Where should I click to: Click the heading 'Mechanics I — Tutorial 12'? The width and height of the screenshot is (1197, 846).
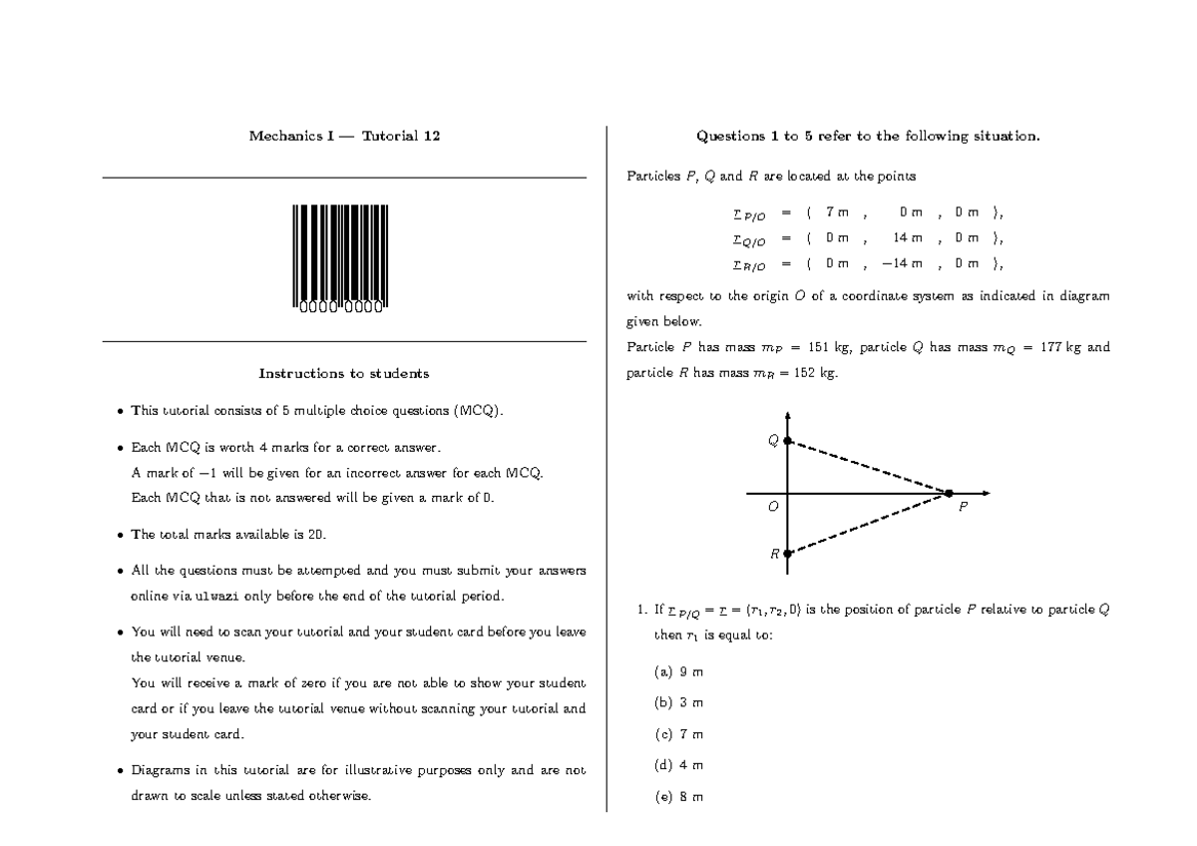(x=344, y=136)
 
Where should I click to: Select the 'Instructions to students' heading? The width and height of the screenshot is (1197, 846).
(x=344, y=373)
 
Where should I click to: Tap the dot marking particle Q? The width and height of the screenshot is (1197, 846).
(x=787, y=440)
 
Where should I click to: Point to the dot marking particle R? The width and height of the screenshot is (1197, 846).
(x=787, y=553)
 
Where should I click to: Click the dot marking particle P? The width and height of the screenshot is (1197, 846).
(x=949, y=493)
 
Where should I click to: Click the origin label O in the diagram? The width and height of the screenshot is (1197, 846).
(x=771, y=507)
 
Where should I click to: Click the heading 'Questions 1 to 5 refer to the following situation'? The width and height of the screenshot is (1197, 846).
(x=868, y=136)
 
